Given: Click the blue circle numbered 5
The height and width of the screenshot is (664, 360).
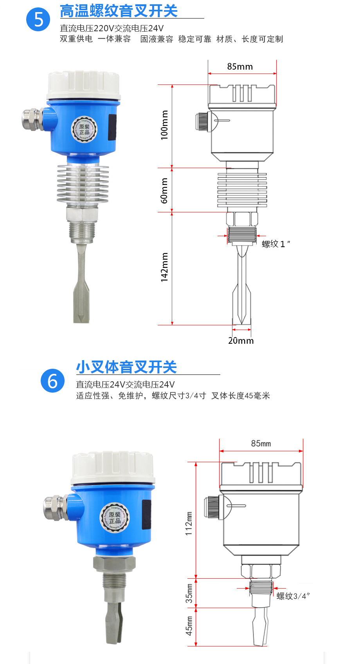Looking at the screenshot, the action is [38, 20].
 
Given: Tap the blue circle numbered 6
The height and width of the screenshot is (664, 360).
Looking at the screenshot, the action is [52, 380].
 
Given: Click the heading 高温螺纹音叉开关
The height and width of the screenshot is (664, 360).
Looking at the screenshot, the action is [119, 11].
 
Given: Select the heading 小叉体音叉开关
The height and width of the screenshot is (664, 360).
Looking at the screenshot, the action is [127, 367].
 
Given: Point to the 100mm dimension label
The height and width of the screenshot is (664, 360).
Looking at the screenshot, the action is [164, 125].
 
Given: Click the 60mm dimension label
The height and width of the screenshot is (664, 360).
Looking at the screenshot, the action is [164, 190].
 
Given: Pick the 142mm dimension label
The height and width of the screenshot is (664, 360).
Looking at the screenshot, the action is [164, 267].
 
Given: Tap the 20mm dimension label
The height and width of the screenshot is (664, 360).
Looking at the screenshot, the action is [241, 341].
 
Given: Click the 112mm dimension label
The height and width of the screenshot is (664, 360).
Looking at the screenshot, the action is [189, 524].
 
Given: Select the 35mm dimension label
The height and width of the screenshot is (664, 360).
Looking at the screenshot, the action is [189, 594].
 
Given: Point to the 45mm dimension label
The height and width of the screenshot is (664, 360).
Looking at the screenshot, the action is [189, 626].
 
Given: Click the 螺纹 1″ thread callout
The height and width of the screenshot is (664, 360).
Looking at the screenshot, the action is [276, 244].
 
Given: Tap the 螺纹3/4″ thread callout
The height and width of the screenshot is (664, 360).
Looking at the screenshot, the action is [293, 596].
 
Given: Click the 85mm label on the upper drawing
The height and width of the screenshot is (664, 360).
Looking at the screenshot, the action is [240, 66].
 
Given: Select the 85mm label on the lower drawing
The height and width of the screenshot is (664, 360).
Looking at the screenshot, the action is [261, 443].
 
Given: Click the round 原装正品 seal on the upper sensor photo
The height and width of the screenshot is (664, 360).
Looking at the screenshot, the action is [84, 129].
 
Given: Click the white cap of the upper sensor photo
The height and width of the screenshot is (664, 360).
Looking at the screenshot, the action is [83, 85].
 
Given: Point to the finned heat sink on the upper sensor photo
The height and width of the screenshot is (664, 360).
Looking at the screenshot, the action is [83, 184].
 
